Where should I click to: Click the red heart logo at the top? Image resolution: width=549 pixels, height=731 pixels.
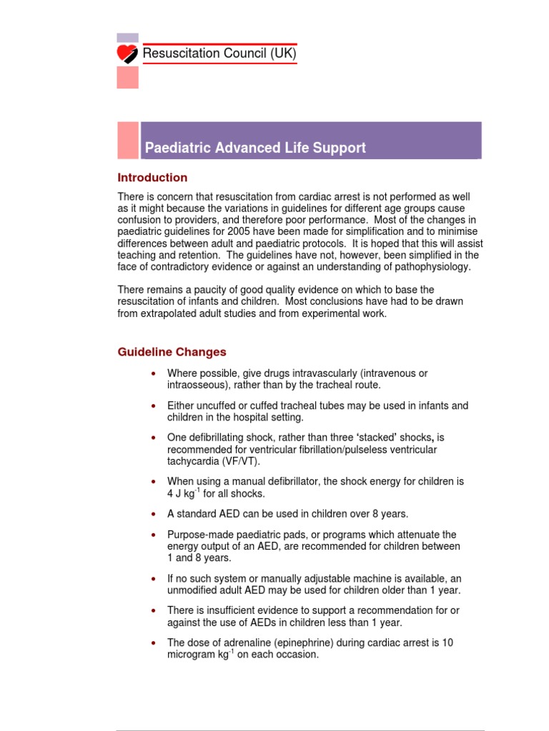(128, 54)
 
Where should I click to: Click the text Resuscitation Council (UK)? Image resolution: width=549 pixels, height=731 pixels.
(219, 54)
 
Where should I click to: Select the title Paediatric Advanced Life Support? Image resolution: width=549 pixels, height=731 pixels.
(255, 148)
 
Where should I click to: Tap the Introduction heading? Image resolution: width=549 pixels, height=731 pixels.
(152, 178)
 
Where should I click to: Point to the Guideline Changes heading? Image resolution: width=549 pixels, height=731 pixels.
(172, 352)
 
